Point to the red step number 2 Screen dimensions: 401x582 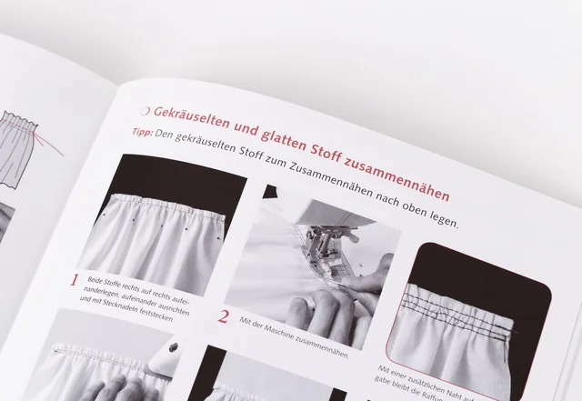[x=224, y=317]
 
